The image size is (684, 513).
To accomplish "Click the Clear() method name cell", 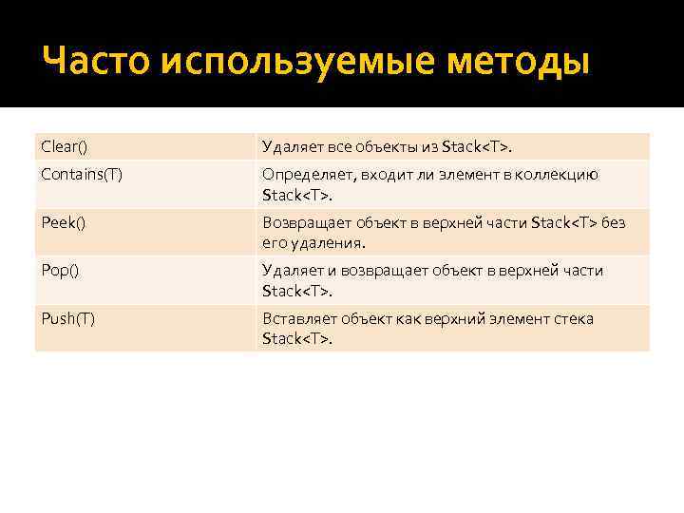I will [64, 146].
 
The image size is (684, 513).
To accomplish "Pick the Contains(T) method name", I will [82, 175].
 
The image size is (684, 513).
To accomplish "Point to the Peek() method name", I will [64, 223].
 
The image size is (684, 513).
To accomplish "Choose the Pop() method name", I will [61, 271].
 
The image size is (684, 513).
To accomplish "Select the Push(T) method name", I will [68, 318].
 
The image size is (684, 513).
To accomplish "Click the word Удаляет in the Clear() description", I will [293, 146].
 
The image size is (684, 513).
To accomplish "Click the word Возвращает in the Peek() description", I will [307, 223].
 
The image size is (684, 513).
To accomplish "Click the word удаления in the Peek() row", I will [328, 243].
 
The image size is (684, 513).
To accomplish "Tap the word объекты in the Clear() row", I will [386, 146].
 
